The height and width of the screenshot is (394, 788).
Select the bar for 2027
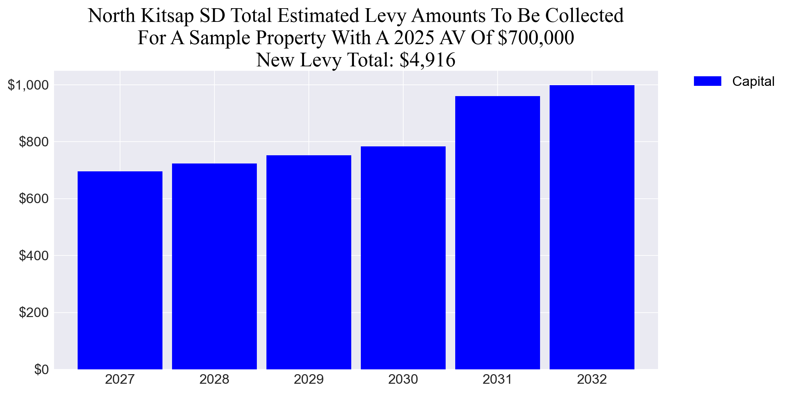(120, 270)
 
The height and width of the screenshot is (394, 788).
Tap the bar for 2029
(308, 262)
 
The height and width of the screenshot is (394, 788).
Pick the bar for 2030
(403, 258)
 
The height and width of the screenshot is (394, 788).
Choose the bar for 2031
(497, 233)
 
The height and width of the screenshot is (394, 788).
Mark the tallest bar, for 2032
(592, 227)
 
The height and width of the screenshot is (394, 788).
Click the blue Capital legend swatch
(707, 81)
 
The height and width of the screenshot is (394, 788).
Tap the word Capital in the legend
(753, 81)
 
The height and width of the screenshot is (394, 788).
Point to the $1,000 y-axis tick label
(28, 85)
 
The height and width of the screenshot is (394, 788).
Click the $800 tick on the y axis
(34, 142)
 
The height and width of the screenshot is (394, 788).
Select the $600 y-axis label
(34, 199)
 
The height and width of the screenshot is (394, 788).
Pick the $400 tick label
(34, 255)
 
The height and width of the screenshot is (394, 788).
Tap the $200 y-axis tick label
(34, 312)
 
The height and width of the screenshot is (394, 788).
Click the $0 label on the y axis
(41, 369)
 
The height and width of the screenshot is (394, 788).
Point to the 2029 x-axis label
(308, 380)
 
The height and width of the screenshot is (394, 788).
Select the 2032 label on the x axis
(592, 380)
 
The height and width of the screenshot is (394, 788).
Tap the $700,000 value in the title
(536, 38)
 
